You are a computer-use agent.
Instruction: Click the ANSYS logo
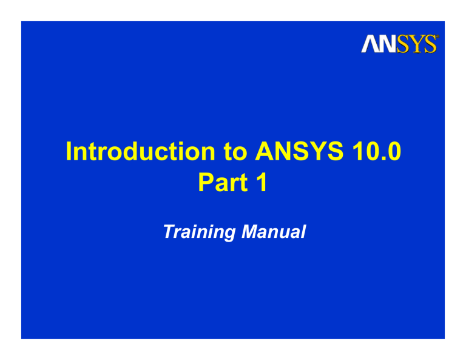pos(399,44)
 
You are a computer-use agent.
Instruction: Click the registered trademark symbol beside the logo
pos(437,37)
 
